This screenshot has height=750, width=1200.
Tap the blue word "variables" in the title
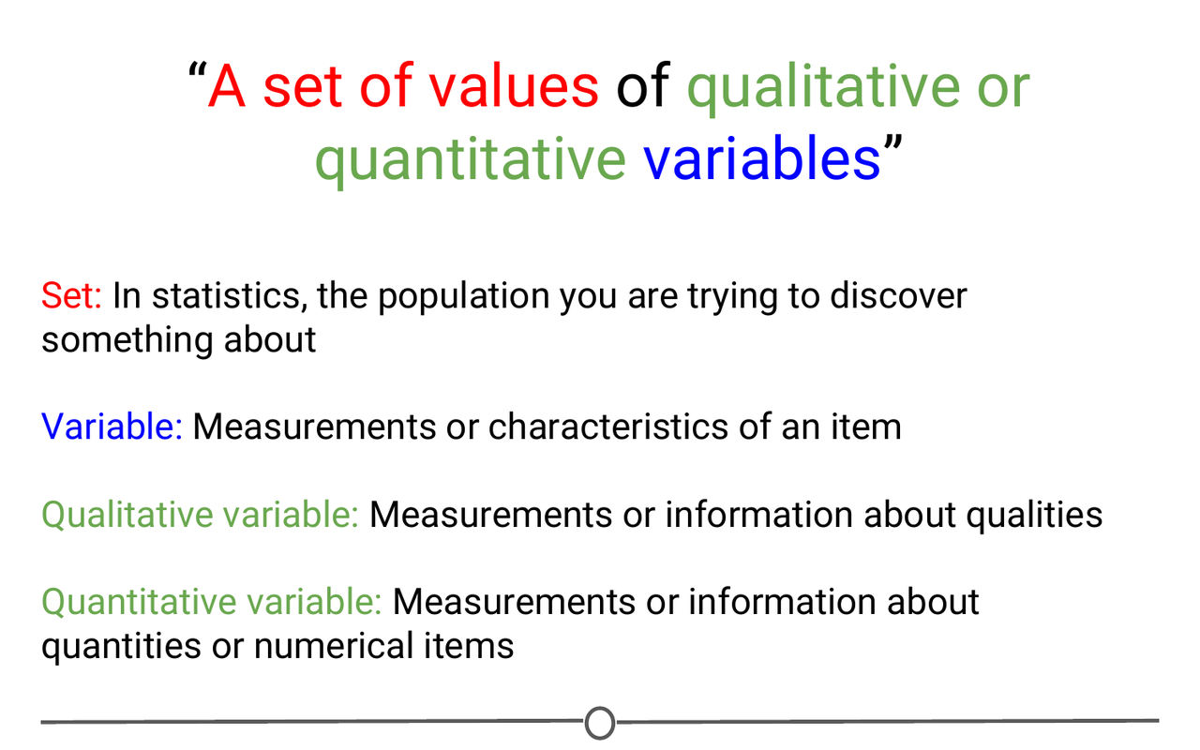pyautogui.click(x=761, y=159)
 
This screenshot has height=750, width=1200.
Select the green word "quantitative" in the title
pyautogui.click(x=470, y=159)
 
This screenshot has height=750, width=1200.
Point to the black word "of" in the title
pyautogui.click(x=642, y=86)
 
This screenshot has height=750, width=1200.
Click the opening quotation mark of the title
pyautogui.click(x=196, y=75)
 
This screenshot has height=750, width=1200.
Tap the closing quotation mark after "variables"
pyautogui.click(x=892, y=148)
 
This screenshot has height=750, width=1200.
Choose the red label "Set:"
pyautogui.click(x=71, y=296)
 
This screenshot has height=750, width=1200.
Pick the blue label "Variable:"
pyautogui.click(x=112, y=427)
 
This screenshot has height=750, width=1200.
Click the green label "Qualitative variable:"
pyautogui.click(x=200, y=515)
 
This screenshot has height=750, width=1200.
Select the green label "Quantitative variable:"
pyautogui.click(x=211, y=602)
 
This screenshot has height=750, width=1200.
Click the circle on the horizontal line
pyautogui.click(x=600, y=723)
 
